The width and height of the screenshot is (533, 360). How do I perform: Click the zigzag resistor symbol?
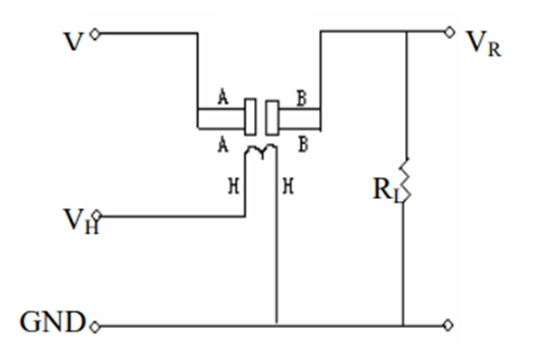405,182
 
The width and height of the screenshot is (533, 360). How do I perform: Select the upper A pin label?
223,100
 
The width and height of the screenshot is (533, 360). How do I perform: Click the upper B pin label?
302,100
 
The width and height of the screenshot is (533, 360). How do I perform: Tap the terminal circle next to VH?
99,216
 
